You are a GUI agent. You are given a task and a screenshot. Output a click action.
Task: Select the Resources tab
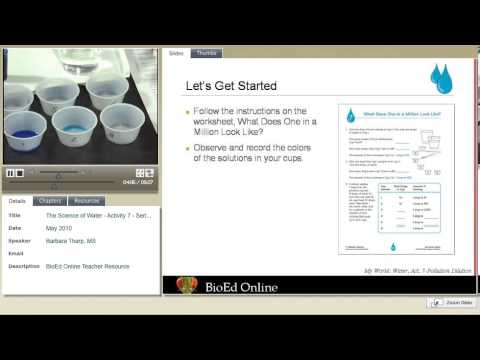[87, 201]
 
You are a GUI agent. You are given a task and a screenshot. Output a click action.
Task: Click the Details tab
[20, 201]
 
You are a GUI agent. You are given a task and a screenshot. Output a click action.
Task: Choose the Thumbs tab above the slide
[207, 53]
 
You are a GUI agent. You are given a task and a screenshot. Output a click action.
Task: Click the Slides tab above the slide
[176, 53]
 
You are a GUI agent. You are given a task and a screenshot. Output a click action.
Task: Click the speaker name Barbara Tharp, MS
[72, 241]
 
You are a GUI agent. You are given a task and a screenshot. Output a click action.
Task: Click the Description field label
[23, 267]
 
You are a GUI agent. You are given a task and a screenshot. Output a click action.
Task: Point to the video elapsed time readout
[128, 182]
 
